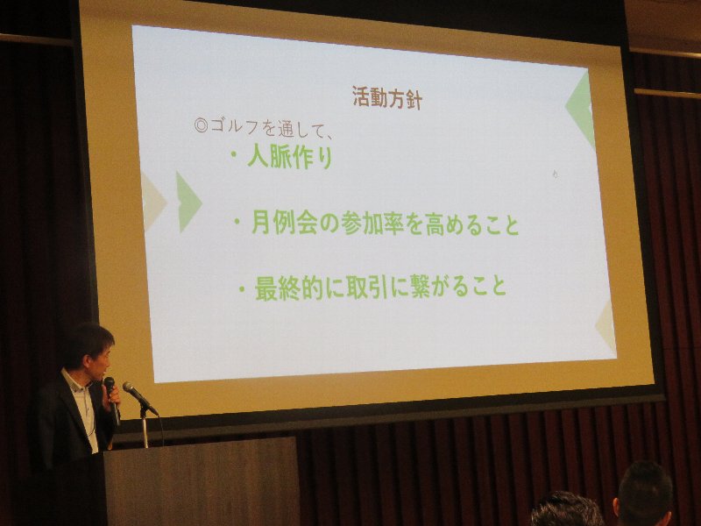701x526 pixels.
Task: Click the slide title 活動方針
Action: pos(387,98)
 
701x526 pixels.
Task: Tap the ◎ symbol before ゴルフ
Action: pos(202,125)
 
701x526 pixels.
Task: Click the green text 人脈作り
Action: pos(289,158)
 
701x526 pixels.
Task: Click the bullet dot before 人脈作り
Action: pos(233,154)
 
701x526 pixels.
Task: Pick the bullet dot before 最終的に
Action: pos(242,288)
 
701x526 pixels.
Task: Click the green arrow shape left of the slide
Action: pos(188,202)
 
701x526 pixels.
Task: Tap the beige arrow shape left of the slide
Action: pos(153,203)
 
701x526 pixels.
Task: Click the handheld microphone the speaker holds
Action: pos(112,399)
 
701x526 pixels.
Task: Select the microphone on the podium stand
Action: pos(139,397)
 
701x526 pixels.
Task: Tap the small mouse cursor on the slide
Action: pos(556,174)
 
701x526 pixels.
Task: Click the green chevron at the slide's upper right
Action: pos(581,108)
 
